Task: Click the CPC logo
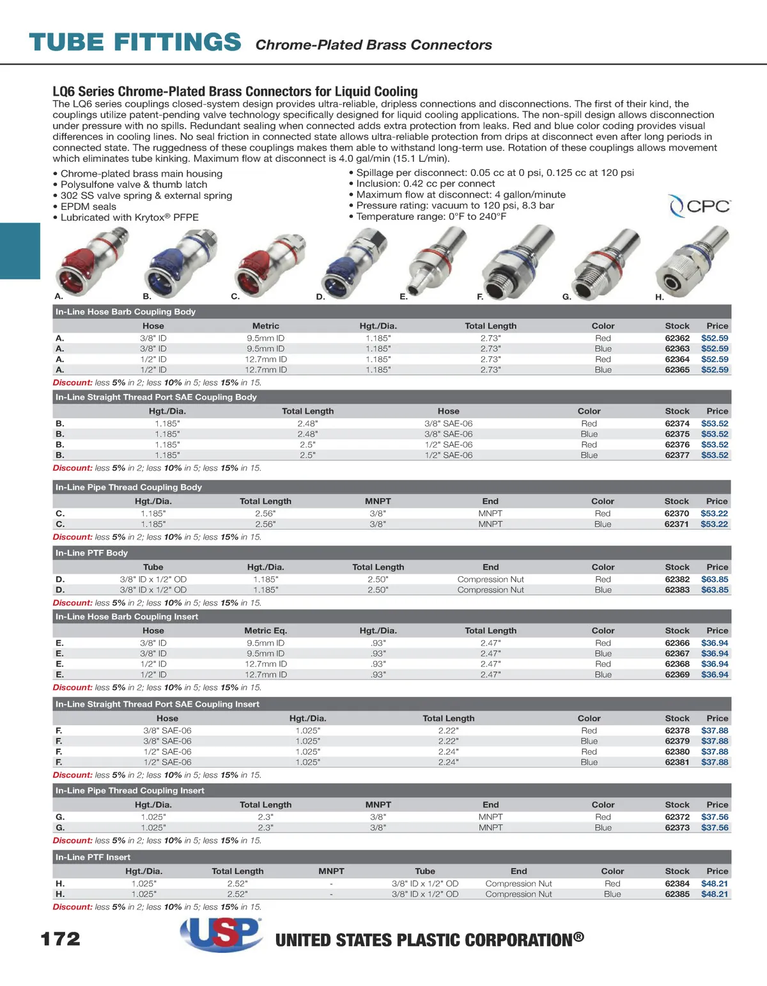pos(700,206)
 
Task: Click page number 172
pos(61,939)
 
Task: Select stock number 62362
pos(677,338)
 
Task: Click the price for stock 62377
pos(715,455)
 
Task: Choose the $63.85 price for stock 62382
pos(715,579)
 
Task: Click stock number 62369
pos(677,675)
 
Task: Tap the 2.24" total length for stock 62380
pos(448,752)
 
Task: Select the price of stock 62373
pos(715,827)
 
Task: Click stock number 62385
pos(677,895)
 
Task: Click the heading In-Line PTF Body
pos(91,553)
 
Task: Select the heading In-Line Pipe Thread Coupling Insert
pos(130,791)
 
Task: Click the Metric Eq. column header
pos(265,630)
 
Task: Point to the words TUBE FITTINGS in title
pos(135,42)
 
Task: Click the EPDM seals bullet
pos(88,207)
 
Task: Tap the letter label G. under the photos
pos(566,297)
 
